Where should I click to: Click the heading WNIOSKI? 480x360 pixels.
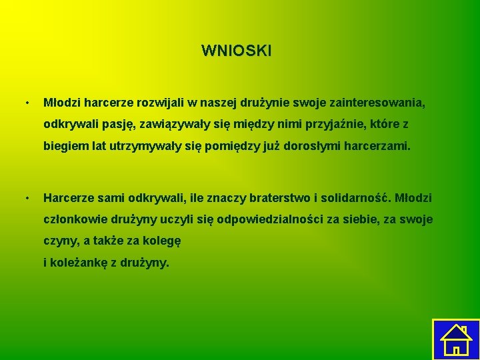pyautogui.click(x=236, y=51)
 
